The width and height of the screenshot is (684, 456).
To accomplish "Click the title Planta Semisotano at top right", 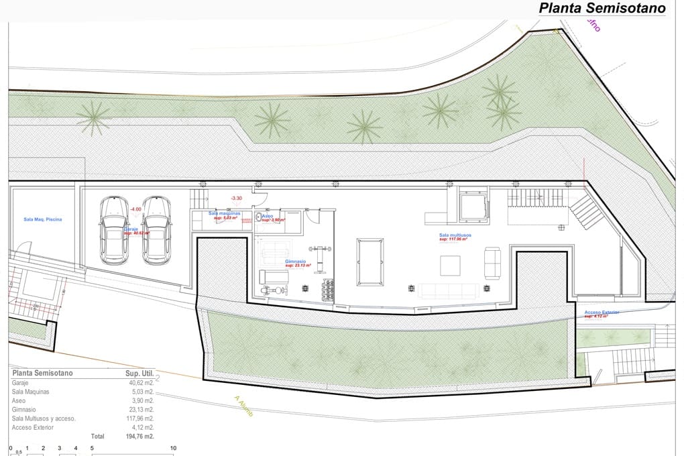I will [602, 9].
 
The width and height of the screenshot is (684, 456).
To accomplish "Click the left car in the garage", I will [114, 230].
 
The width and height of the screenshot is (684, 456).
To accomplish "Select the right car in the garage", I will [157, 230].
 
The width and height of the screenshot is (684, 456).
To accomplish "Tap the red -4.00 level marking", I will [135, 209].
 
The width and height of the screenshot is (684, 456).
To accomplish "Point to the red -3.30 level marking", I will [235, 198].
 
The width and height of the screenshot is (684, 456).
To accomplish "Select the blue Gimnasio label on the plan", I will [295, 261].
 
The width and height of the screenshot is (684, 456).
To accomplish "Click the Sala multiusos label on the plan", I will [455, 235].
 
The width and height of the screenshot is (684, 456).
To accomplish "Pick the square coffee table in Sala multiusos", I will [451, 266].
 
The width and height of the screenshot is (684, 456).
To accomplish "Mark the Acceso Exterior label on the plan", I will [602, 312].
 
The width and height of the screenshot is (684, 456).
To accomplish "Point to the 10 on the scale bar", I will [173, 448].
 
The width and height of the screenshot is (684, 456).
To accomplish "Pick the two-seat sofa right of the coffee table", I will [493, 263].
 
